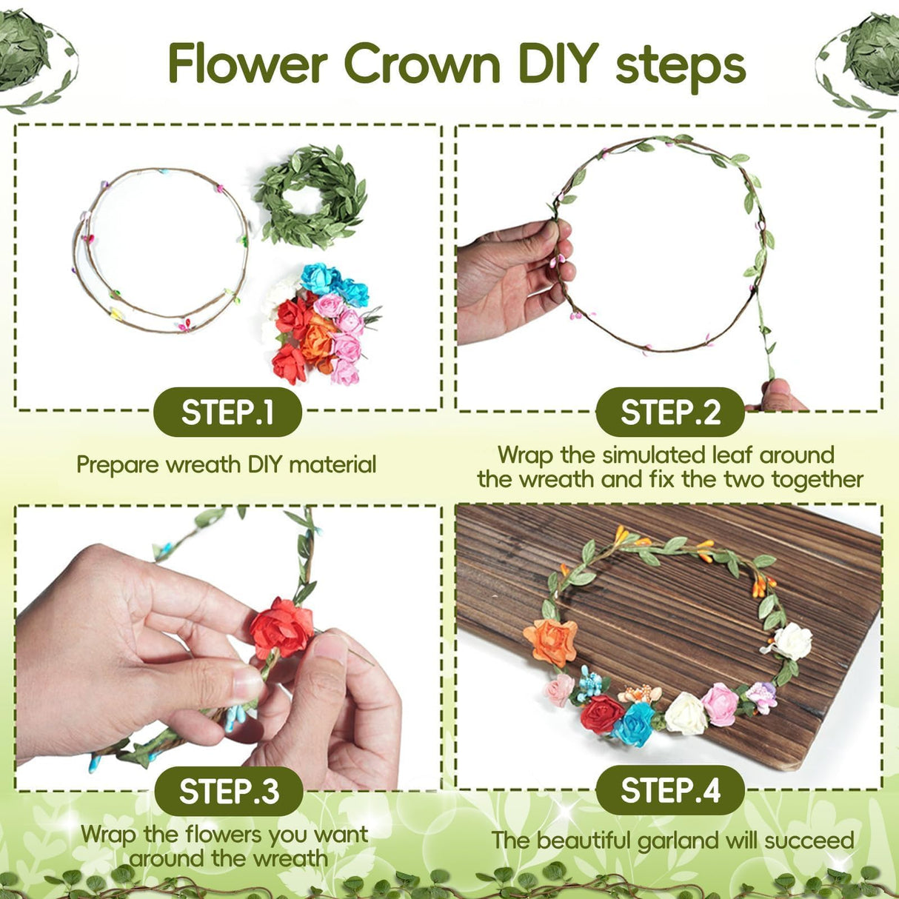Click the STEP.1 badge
[227, 412]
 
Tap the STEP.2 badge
[669, 412]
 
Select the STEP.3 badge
[229, 791]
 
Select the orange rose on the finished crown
[550, 641]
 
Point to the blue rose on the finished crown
[634, 723]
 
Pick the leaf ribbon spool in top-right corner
[866, 56]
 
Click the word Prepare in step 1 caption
[117, 465]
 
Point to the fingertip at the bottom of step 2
[778, 394]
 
